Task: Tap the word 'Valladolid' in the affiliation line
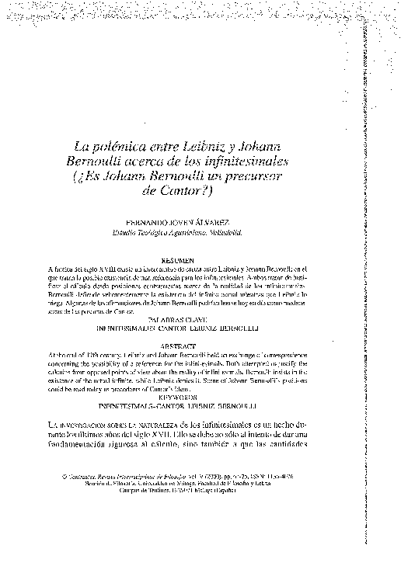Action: pyautogui.click(x=246, y=231)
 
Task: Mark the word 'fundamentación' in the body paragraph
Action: pyautogui.click(x=87, y=449)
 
